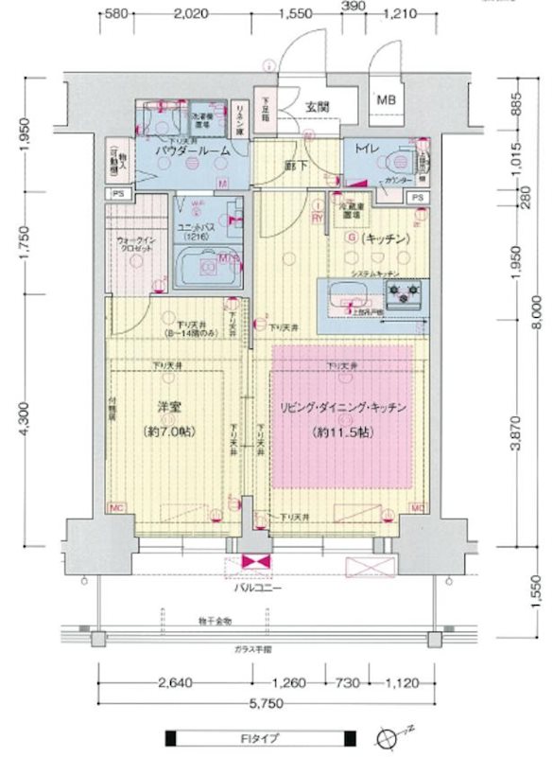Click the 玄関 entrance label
pos(316,106)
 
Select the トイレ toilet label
pos(368,150)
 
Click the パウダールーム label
pos(194,151)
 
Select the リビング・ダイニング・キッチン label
pos(342,408)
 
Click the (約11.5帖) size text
pos(341,431)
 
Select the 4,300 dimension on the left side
pos(22,422)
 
